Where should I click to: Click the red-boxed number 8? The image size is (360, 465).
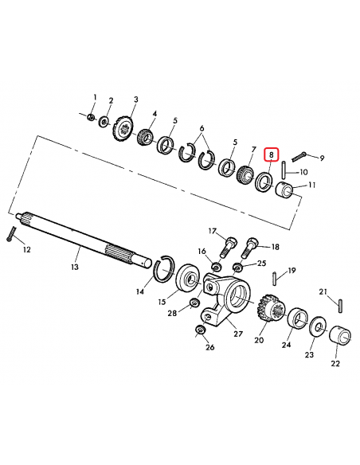click(x=272, y=154)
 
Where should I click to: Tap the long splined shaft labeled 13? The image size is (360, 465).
click(x=80, y=236)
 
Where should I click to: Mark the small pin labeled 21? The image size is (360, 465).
click(x=339, y=303)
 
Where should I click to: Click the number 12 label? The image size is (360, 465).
click(x=26, y=250)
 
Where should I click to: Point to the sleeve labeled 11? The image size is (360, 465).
click(x=284, y=191)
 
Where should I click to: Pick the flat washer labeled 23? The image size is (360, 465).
click(x=317, y=326)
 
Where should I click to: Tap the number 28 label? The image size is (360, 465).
click(x=172, y=314)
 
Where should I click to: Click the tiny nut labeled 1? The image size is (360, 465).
click(x=92, y=119)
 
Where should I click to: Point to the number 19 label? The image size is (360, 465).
click(x=292, y=270)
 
